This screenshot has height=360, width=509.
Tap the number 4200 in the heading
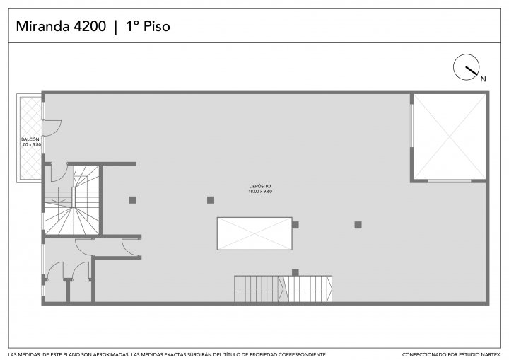[90, 26]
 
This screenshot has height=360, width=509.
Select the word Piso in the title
[157, 26]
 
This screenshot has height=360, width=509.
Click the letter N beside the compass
[483, 79]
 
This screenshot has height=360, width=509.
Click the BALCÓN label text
[30, 139]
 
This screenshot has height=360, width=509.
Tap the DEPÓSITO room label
[260, 186]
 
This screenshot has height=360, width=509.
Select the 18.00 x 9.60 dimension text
[260, 192]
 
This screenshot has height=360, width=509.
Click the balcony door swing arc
[57, 131]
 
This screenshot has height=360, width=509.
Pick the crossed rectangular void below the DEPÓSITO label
[255, 233]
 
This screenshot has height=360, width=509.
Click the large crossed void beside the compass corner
[450, 137]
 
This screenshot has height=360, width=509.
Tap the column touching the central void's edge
[295, 225]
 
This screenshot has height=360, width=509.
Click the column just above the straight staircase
[295, 272]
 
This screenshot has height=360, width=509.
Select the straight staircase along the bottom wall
[283, 289]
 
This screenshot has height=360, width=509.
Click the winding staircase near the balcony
[72, 200]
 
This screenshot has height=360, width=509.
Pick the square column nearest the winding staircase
[132, 200]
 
